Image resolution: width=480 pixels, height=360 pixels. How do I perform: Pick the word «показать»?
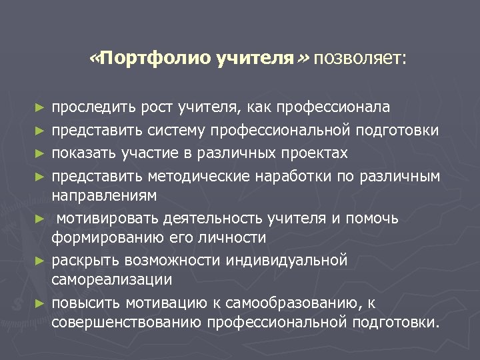pos(85,153)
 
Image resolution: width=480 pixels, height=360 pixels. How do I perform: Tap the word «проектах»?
pos(315,153)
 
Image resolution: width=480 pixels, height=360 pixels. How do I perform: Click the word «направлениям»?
pos(105,195)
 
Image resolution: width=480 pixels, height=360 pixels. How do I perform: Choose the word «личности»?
pos(234,237)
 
